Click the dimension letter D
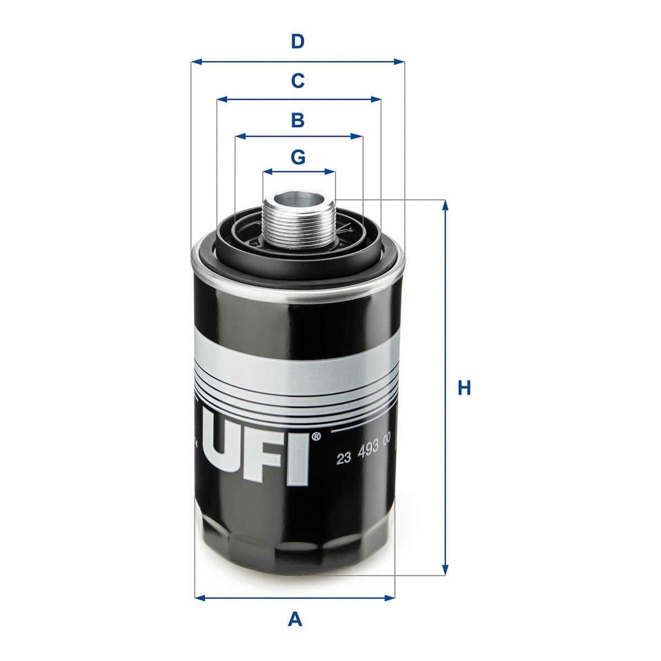297,41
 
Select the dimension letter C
298,81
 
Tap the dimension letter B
298,120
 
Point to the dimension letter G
298,157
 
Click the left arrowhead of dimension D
196,62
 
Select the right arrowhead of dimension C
376,100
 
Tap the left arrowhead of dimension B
241,137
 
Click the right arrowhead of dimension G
330,171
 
